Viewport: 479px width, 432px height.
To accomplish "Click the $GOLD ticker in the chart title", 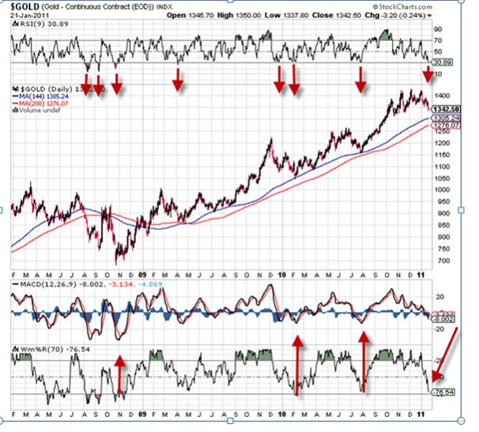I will [x=26, y=6].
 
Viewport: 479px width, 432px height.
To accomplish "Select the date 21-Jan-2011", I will [x=29, y=15].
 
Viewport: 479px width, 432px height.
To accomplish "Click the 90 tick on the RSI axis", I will [x=437, y=29].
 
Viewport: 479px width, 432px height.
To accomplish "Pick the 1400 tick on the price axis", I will [x=440, y=96].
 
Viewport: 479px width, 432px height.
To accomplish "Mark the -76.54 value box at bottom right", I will [x=447, y=392].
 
